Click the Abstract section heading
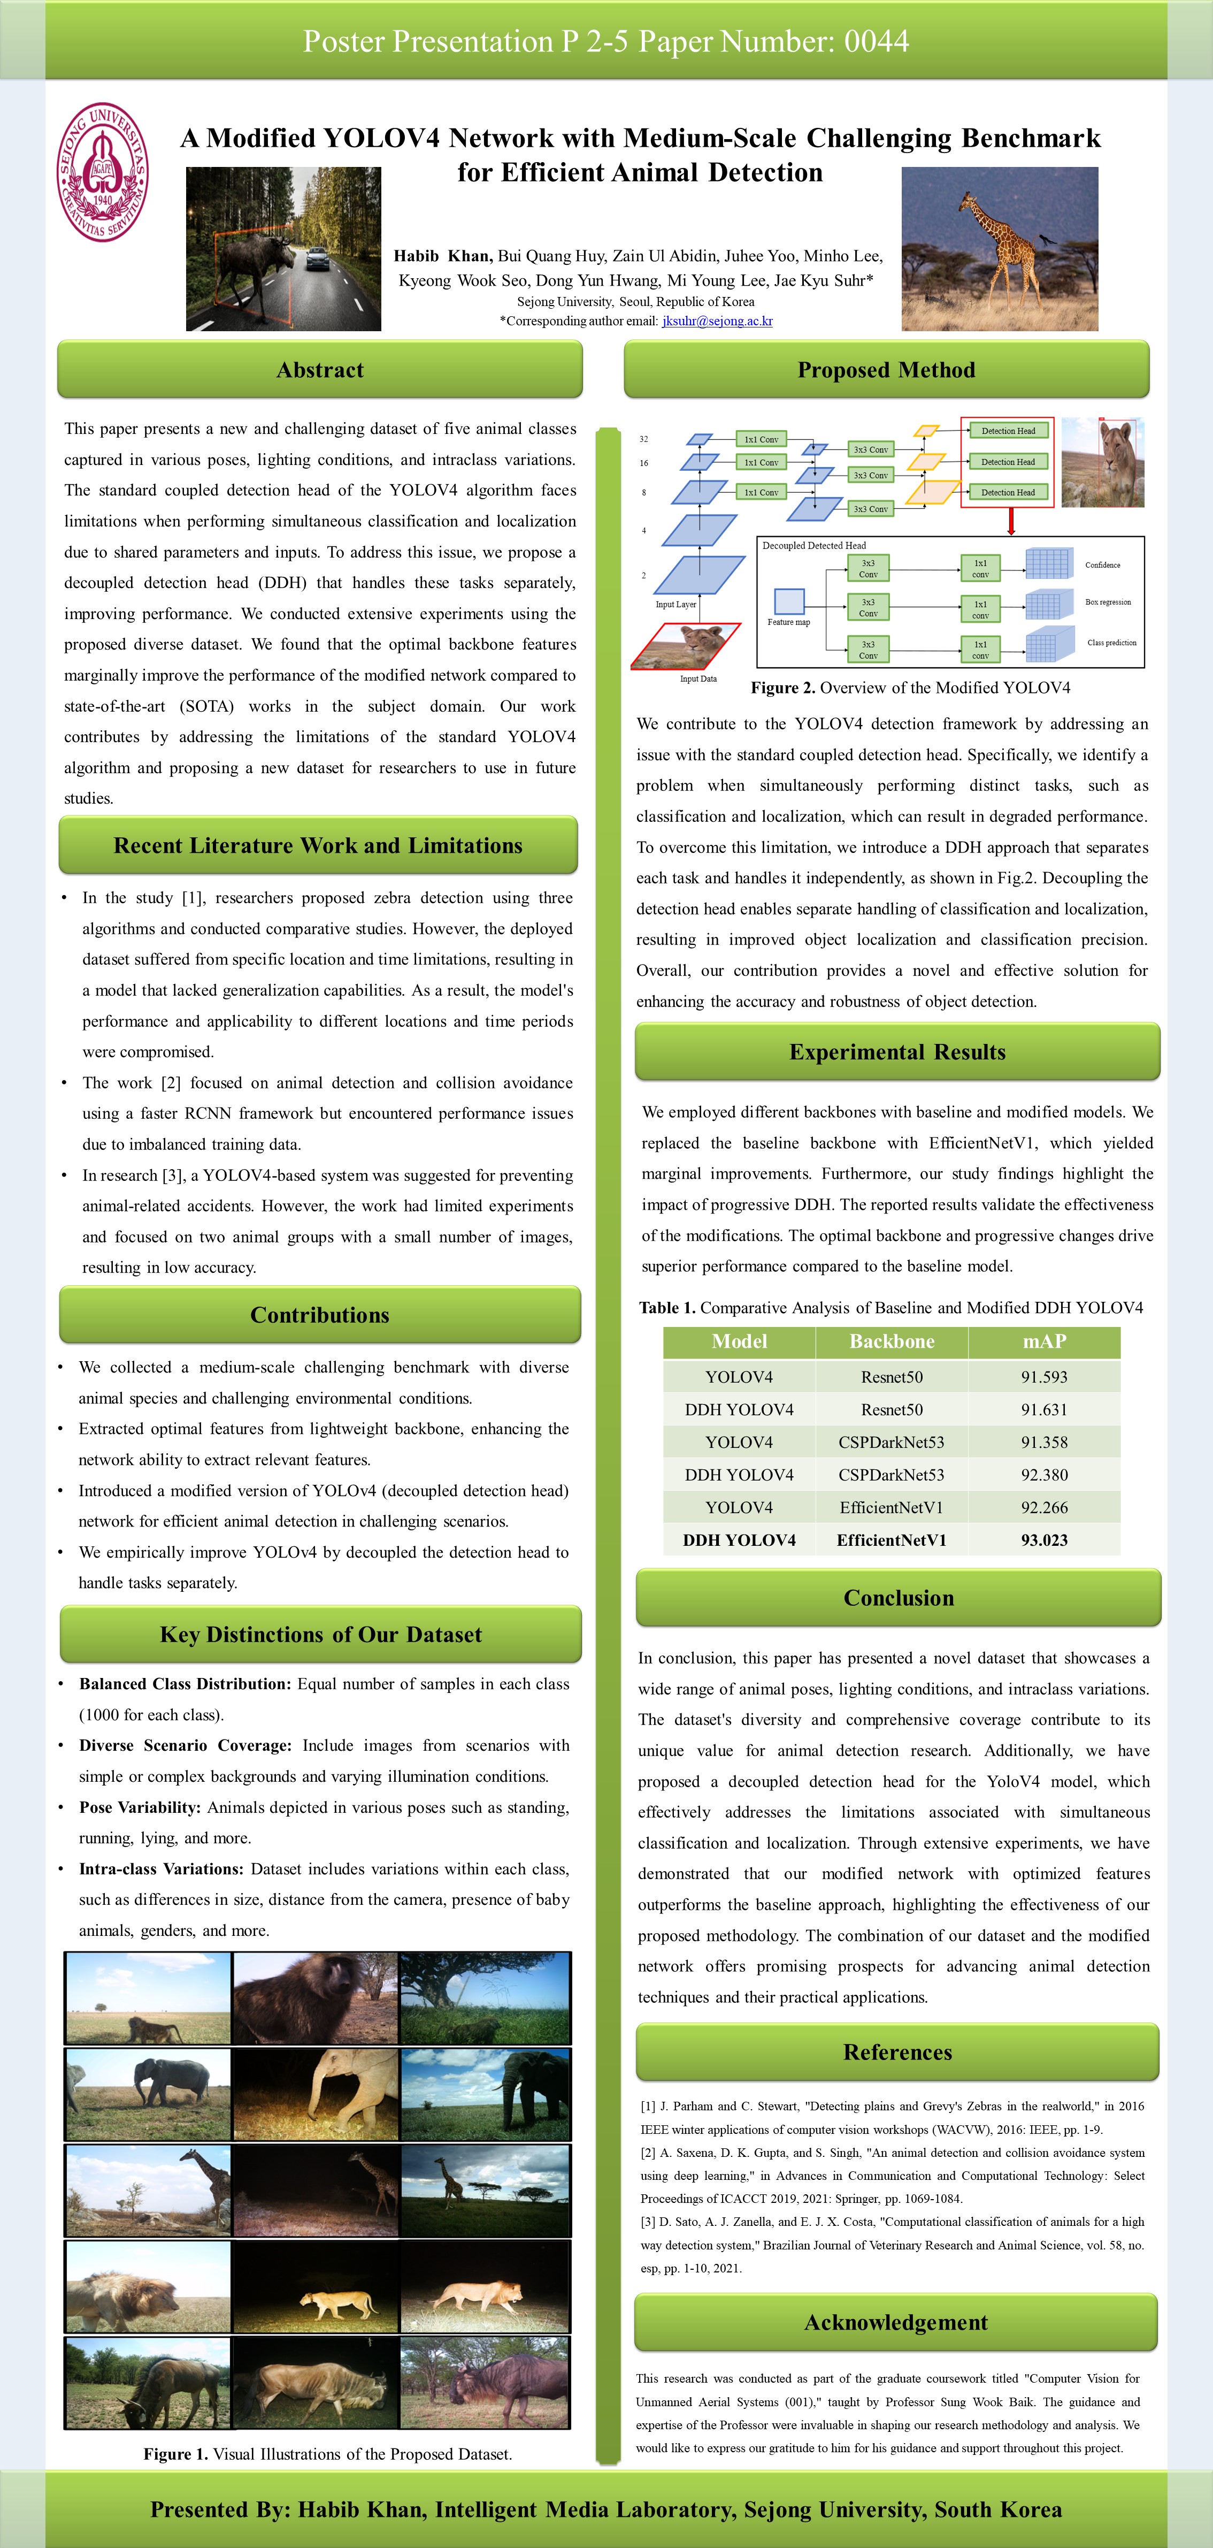point(319,370)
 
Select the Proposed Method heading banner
point(886,370)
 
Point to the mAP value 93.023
point(1044,1540)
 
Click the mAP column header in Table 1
point(1044,1341)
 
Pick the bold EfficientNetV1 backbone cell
point(890,1540)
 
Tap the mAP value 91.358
point(1044,1442)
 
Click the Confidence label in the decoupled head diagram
point(1102,565)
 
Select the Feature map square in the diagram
point(789,600)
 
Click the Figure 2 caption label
point(783,688)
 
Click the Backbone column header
point(890,1341)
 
